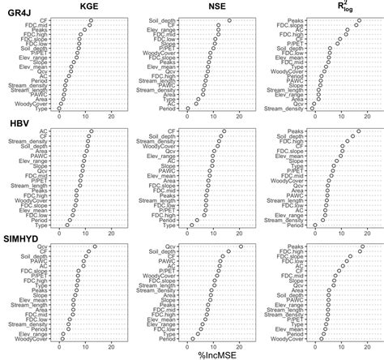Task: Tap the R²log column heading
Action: (332, 8)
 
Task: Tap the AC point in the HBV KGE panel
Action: (92, 131)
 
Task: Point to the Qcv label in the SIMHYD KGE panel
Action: (50, 246)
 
